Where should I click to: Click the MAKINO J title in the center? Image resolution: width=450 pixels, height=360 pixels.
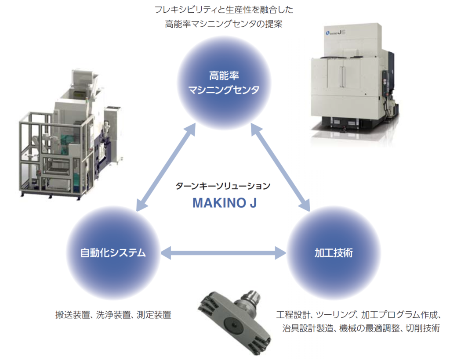point(224,204)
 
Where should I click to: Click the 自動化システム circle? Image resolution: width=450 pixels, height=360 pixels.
point(113,253)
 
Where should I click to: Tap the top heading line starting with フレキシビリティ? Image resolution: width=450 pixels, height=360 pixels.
point(224,9)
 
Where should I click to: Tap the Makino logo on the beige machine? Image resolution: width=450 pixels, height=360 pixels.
point(332,32)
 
